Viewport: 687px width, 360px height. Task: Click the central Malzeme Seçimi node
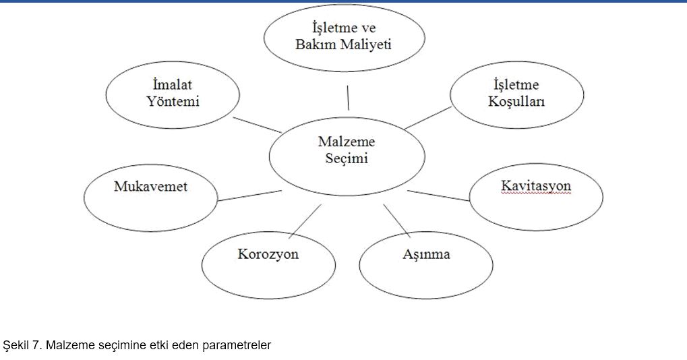tap(347, 156)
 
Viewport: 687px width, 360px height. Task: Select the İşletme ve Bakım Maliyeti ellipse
tap(345, 38)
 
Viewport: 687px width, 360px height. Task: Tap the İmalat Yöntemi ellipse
tap(173, 94)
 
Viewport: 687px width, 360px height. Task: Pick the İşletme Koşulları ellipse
tap(516, 94)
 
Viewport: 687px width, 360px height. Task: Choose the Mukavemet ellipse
tap(151, 198)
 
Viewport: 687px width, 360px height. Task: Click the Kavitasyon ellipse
tap(536, 197)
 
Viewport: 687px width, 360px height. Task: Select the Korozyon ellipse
tap(268, 266)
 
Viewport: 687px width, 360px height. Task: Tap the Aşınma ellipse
tap(426, 266)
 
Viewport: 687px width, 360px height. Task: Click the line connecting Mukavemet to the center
tap(249, 196)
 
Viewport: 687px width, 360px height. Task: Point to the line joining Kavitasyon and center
tap(438, 196)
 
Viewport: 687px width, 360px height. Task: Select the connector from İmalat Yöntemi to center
tap(257, 125)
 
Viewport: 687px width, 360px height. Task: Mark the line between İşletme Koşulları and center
tap(428, 118)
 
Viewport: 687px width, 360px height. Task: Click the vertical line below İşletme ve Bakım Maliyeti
tap(349, 98)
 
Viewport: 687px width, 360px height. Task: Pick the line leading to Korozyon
tap(305, 221)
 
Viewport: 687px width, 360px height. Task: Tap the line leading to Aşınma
tap(397, 220)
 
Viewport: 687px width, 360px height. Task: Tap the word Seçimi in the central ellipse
tap(346, 158)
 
